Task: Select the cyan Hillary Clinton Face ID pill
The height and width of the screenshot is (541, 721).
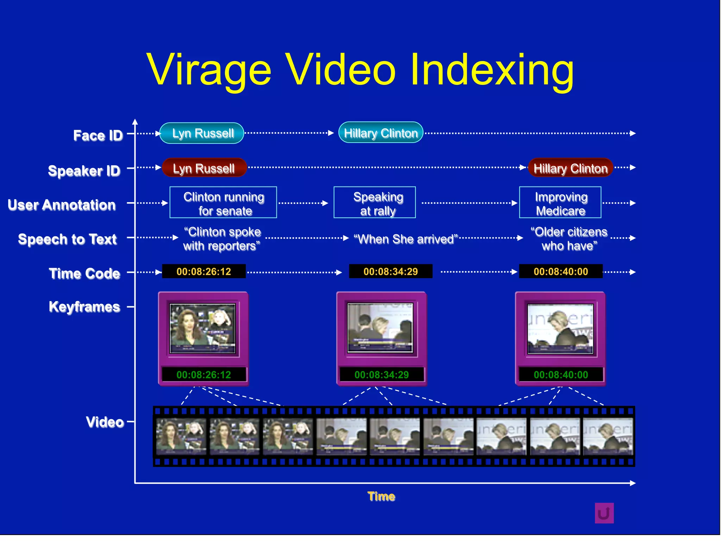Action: click(x=381, y=133)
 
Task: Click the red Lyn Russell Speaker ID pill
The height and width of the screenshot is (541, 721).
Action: click(x=204, y=168)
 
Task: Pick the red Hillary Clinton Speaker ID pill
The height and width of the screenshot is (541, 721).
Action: click(x=570, y=168)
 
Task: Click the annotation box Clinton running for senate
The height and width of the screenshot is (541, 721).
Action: click(x=223, y=203)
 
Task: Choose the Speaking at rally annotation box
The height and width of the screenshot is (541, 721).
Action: click(x=375, y=203)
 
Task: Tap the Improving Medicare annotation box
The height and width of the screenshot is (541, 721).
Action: click(x=560, y=203)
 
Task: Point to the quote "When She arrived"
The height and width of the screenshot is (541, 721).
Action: click(x=406, y=239)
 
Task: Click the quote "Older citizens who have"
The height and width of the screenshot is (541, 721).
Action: click(x=569, y=239)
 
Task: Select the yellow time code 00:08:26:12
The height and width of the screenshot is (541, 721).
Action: click(x=204, y=272)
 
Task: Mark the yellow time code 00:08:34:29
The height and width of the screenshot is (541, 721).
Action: click(x=390, y=272)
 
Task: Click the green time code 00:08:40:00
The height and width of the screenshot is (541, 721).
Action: click(x=560, y=375)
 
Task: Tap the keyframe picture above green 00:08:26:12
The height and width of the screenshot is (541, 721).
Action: click(x=203, y=329)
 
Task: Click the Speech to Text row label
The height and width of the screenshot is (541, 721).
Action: click(x=67, y=239)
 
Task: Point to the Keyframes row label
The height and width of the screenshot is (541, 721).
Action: click(x=84, y=307)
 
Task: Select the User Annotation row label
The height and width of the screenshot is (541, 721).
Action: click(x=62, y=205)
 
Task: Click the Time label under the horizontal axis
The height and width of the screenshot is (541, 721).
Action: click(x=381, y=496)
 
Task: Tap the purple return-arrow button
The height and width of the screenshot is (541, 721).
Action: click(x=604, y=513)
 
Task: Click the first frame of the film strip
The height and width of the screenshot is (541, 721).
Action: click(x=181, y=436)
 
